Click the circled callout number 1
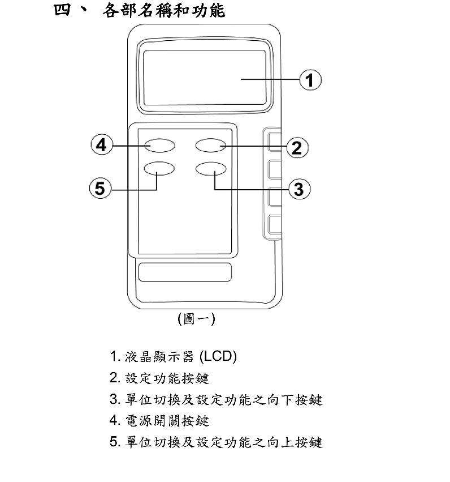[x=310, y=80]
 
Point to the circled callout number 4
[x=101, y=146]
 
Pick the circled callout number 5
[x=100, y=188]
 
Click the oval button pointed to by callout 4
[x=159, y=146]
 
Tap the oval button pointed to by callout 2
[x=211, y=146]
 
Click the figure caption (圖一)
[x=196, y=319]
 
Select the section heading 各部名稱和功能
[x=164, y=11]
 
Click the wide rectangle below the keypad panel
[x=184, y=271]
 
